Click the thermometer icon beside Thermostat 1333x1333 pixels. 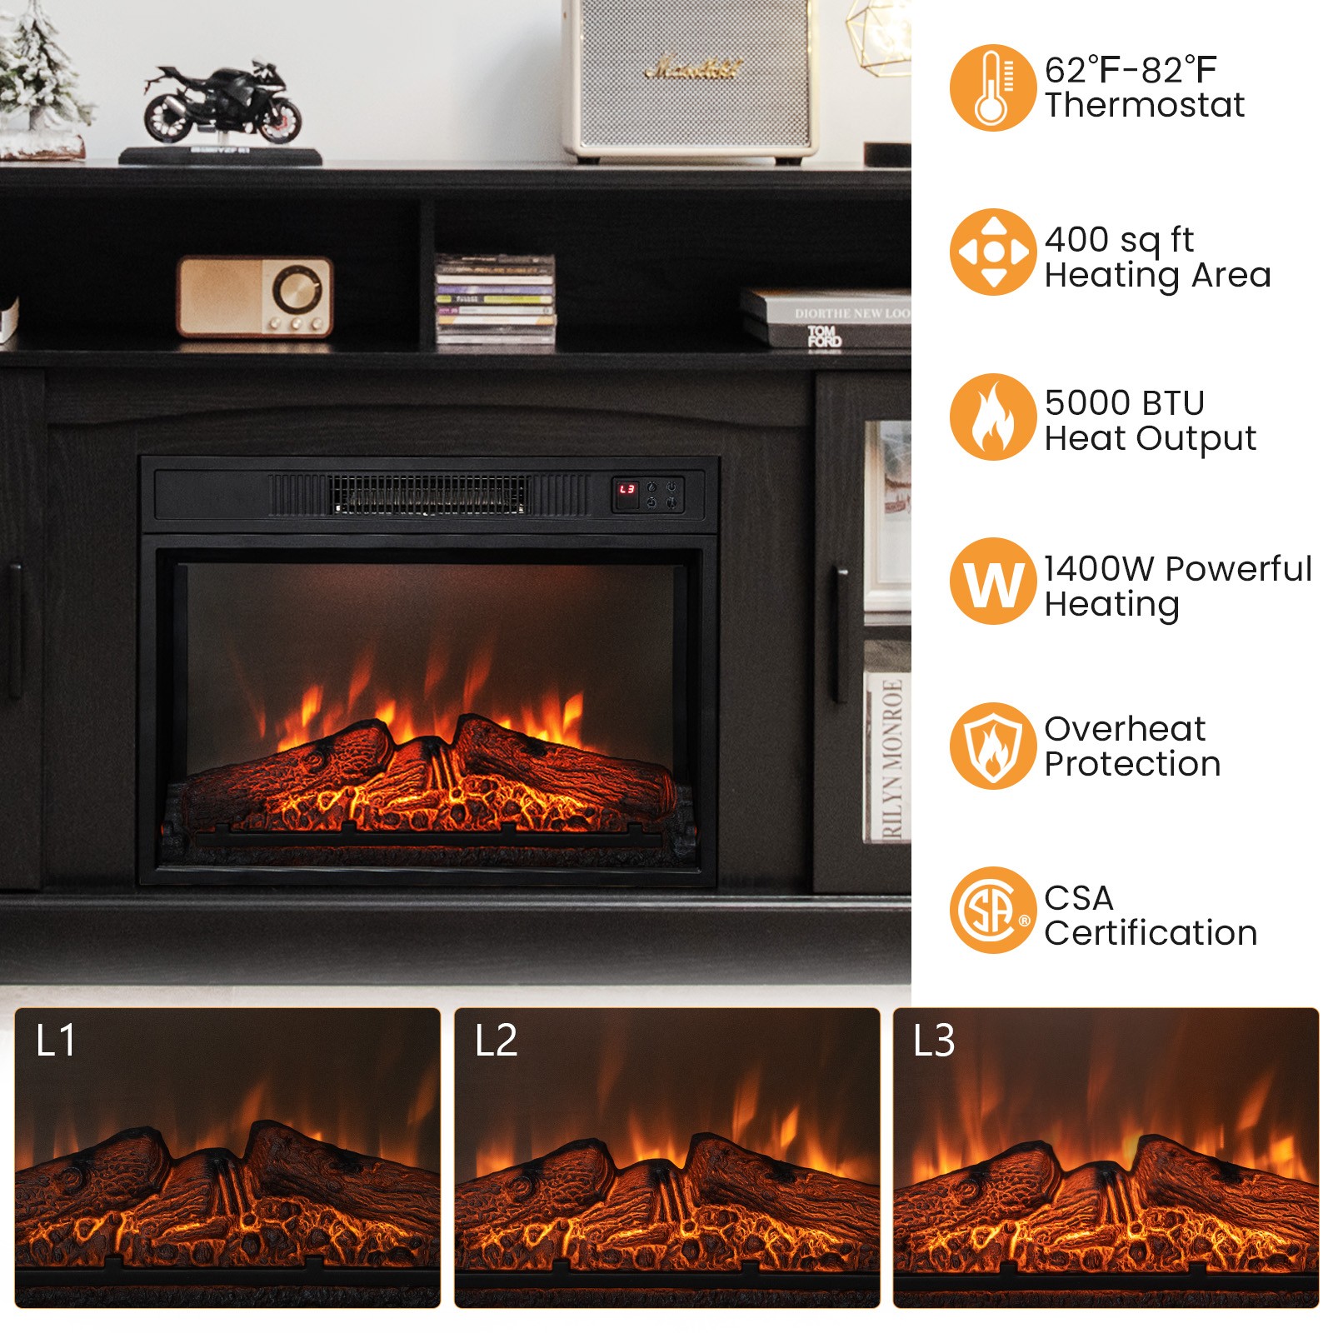991,87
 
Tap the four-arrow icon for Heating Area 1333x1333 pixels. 993,251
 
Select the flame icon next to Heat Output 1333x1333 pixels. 991,417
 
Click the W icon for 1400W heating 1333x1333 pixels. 992,582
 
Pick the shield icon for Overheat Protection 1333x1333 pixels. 992,746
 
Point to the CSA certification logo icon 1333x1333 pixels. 992,911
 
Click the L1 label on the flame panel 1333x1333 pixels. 56,1041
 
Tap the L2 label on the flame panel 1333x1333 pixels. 496,1041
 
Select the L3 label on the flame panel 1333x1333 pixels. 934,1041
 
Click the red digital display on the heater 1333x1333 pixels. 627,490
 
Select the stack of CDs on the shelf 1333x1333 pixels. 495,299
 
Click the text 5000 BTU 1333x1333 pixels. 1124,403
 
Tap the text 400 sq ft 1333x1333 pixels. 1119,240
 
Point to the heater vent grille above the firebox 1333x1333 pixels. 430,494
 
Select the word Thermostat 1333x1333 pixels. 1144,106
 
